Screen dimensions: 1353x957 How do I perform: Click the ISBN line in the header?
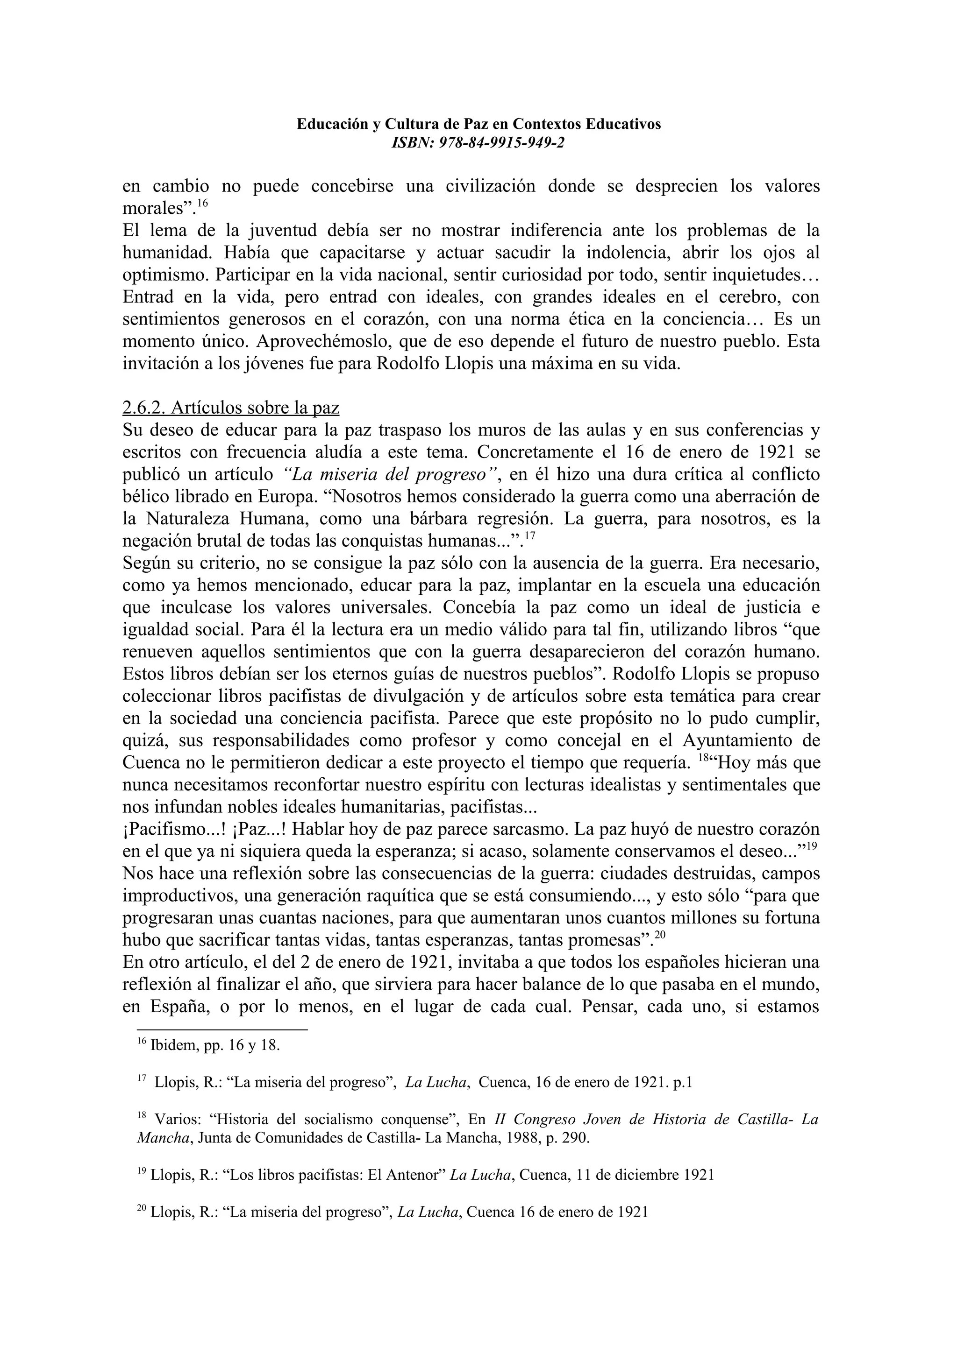coord(478,142)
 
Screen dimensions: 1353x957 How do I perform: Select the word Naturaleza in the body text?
coord(190,519)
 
